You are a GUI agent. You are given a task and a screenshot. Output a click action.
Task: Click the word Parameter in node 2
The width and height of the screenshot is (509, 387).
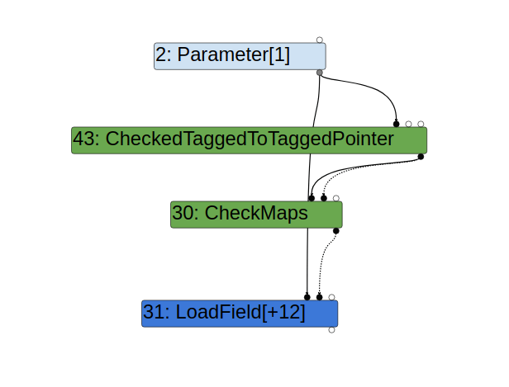[x=217, y=56]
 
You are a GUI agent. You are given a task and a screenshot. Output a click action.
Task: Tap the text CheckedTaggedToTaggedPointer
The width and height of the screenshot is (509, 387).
[x=249, y=139]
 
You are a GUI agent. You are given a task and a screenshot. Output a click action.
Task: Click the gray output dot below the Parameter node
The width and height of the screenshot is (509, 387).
[x=320, y=73]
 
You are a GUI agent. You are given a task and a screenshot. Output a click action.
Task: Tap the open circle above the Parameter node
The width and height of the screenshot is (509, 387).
[x=320, y=40]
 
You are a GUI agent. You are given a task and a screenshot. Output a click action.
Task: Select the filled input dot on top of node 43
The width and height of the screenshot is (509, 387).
[x=397, y=124]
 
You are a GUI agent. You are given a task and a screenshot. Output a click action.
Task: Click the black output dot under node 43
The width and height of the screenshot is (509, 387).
[x=421, y=156]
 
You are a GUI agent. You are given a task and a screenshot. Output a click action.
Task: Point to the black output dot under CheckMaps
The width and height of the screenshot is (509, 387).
[x=335, y=230]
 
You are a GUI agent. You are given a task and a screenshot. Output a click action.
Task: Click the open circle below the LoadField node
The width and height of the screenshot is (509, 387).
[x=331, y=329]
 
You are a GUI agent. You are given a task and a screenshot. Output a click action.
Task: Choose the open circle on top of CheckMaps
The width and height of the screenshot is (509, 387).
[x=336, y=198]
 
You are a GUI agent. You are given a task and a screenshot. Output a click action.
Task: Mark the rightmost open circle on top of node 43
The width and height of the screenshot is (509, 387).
[x=421, y=124]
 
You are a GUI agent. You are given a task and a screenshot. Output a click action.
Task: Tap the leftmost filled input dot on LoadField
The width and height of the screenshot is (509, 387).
[x=307, y=297]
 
